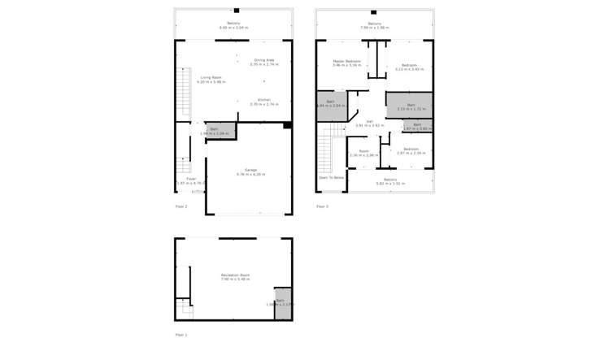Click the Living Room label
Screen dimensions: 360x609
(x=211, y=80)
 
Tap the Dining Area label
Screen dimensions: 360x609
(x=264, y=61)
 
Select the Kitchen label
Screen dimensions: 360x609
(x=264, y=102)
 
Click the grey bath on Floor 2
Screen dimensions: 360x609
(x=215, y=131)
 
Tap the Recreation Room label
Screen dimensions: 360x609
(x=235, y=277)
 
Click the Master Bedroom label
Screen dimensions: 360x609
(x=347, y=63)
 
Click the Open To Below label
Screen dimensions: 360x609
(x=331, y=177)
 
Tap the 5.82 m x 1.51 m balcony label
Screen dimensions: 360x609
(x=390, y=181)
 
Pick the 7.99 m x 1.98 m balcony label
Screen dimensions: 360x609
(x=375, y=26)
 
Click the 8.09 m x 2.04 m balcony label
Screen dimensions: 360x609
(x=234, y=25)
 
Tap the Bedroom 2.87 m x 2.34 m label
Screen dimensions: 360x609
(x=411, y=150)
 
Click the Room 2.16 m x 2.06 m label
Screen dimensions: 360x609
(x=363, y=153)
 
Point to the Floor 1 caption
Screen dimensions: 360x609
(x=181, y=335)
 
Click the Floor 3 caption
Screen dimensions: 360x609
(x=322, y=206)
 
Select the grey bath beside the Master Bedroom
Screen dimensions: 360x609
(x=330, y=106)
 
